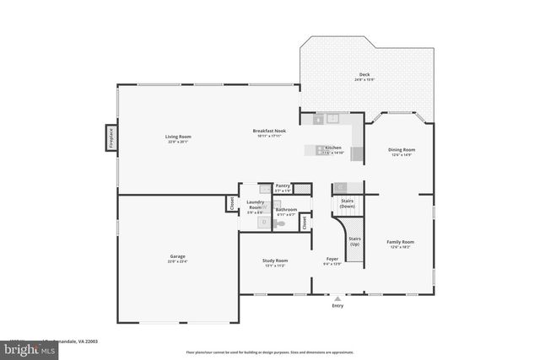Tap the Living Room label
tap(178, 139)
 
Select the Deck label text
tap(364, 76)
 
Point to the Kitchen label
tap(334, 150)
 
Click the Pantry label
tap(283, 187)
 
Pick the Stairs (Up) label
tap(354, 240)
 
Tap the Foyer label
tap(332, 261)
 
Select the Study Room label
tap(276, 263)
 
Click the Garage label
tap(178, 259)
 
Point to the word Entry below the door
tap(338, 306)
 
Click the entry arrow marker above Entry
tap(338, 298)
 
